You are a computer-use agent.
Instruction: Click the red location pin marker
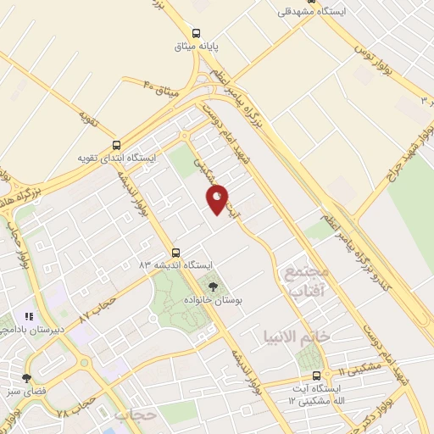(218, 198)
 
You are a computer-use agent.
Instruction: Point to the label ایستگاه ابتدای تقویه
(116, 159)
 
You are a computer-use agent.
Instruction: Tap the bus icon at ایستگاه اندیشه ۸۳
(175, 252)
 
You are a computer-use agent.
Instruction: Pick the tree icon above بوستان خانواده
(212, 286)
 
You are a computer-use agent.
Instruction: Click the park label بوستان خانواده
(212, 300)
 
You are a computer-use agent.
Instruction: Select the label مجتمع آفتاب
(302, 281)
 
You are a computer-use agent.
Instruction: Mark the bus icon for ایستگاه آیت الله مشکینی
(316, 376)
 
